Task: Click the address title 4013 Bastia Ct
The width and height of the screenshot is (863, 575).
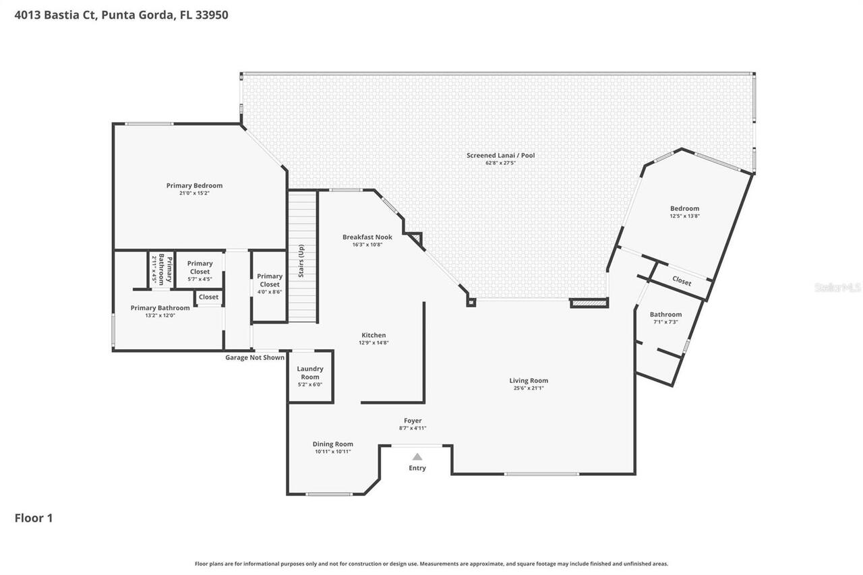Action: click(x=121, y=14)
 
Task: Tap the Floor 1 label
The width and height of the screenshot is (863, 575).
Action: click(x=34, y=518)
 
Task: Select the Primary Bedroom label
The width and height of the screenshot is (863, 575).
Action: click(x=194, y=185)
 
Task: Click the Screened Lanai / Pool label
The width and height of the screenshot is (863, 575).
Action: click(x=500, y=155)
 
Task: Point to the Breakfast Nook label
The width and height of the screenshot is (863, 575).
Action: click(x=367, y=237)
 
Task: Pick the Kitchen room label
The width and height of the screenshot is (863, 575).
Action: click(x=374, y=335)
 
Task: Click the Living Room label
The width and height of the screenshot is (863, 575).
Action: click(x=529, y=380)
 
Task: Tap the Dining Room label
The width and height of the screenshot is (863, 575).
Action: click(x=332, y=444)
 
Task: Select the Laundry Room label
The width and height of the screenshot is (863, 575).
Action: click(x=310, y=373)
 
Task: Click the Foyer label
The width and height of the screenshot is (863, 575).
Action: click(x=413, y=421)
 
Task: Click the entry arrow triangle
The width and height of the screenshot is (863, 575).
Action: click(x=417, y=457)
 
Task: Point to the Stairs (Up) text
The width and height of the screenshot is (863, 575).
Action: click(x=301, y=260)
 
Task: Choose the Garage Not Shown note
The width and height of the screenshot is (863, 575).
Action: click(x=255, y=357)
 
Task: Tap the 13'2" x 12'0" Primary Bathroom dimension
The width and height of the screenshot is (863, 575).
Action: click(x=160, y=315)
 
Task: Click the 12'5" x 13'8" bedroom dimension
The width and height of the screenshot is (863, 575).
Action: click(x=684, y=216)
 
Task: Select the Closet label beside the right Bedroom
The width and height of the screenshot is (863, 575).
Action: click(x=682, y=281)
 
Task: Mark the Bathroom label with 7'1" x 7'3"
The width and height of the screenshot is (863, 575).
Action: click(x=665, y=314)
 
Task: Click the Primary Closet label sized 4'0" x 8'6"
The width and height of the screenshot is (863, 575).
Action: click(x=270, y=280)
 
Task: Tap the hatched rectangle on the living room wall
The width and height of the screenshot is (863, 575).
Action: click(x=589, y=303)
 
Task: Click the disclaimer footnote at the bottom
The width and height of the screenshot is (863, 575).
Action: click(x=431, y=564)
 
